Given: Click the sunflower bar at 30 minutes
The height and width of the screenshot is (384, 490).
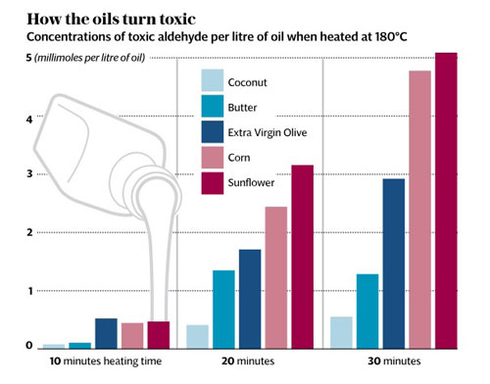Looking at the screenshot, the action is (x=446, y=201).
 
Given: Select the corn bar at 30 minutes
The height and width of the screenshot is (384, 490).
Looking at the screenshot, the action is (x=420, y=210).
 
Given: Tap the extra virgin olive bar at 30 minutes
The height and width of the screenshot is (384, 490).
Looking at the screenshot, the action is (x=394, y=264).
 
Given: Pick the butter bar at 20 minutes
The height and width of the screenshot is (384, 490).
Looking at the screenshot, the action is (x=223, y=310).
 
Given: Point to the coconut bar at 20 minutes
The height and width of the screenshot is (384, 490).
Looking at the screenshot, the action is (x=198, y=337).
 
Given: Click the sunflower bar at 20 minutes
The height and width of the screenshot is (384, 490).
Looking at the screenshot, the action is (x=303, y=257).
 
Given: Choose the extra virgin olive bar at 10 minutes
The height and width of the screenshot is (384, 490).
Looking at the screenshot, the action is (x=106, y=334).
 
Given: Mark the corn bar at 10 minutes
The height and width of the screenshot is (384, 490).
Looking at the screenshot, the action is (x=132, y=336).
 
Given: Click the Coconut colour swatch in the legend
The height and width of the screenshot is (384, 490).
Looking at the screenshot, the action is (x=213, y=80).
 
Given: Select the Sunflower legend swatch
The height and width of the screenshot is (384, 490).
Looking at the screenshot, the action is (x=213, y=183).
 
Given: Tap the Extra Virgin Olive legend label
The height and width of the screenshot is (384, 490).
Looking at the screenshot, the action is (x=268, y=133).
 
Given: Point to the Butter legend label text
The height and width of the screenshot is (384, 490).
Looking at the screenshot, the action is (x=242, y=108).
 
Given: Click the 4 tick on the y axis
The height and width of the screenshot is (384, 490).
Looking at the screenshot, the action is (x=29, y=120).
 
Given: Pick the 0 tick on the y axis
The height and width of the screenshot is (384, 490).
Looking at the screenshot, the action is (x=29, y=345).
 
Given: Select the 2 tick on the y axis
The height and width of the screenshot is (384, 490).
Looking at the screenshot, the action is (x=29, y=232).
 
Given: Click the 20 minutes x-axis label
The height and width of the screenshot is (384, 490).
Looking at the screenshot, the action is (x=248, y=361).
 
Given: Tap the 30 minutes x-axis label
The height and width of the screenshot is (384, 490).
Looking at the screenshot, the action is (x=394, y=361).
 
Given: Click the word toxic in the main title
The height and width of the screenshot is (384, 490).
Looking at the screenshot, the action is (x=177, y=20).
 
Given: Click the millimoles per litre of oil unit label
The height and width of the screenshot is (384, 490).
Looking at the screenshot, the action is (x=90, y=58).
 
